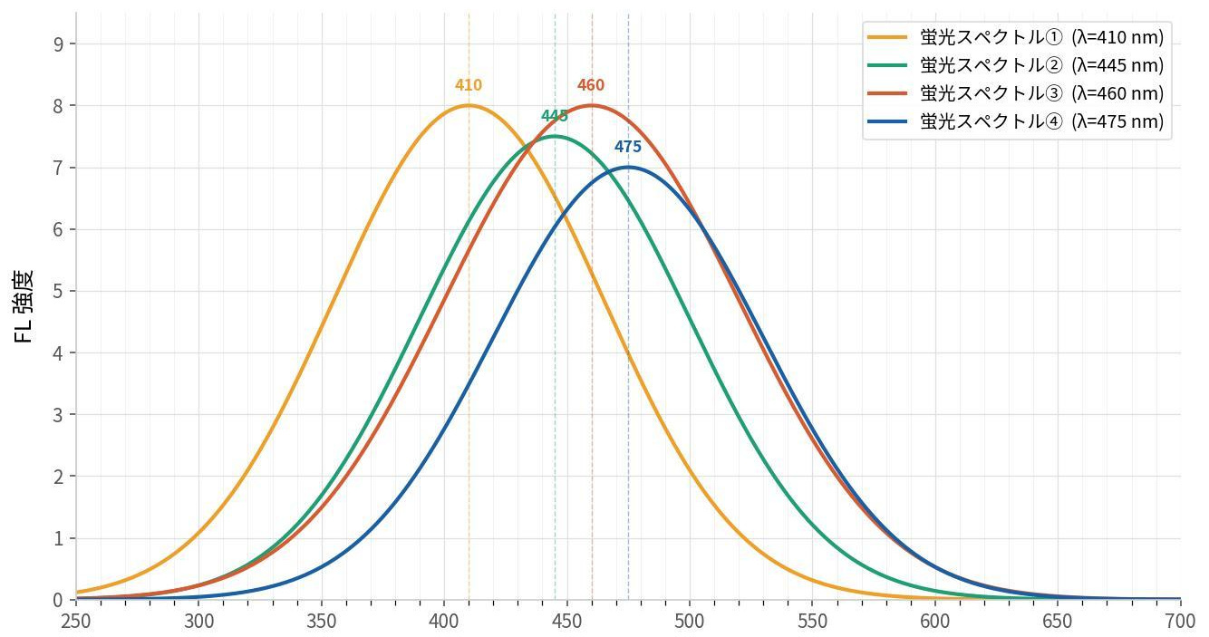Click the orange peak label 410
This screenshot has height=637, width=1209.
(469, 85)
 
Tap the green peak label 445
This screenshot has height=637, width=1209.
(554, 116)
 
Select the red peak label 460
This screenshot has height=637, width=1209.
(591, 85)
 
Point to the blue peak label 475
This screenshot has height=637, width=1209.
(627, 147)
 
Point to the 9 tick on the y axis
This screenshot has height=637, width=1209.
(60, 44)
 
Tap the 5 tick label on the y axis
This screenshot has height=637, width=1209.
(60, 292)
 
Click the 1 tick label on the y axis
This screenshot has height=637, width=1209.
(60, 539)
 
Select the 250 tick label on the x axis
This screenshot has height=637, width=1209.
(76, 621)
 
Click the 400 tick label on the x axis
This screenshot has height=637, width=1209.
(444, 621)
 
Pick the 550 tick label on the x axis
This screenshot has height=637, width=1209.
(812, 621)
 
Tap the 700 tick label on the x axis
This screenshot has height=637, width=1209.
(1179, 621)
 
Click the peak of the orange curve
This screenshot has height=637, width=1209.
(469, 105)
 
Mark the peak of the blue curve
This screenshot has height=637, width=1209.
(628, 167)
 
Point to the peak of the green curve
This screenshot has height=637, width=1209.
(555, 136)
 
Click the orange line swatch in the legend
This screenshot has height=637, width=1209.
(887, 37)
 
